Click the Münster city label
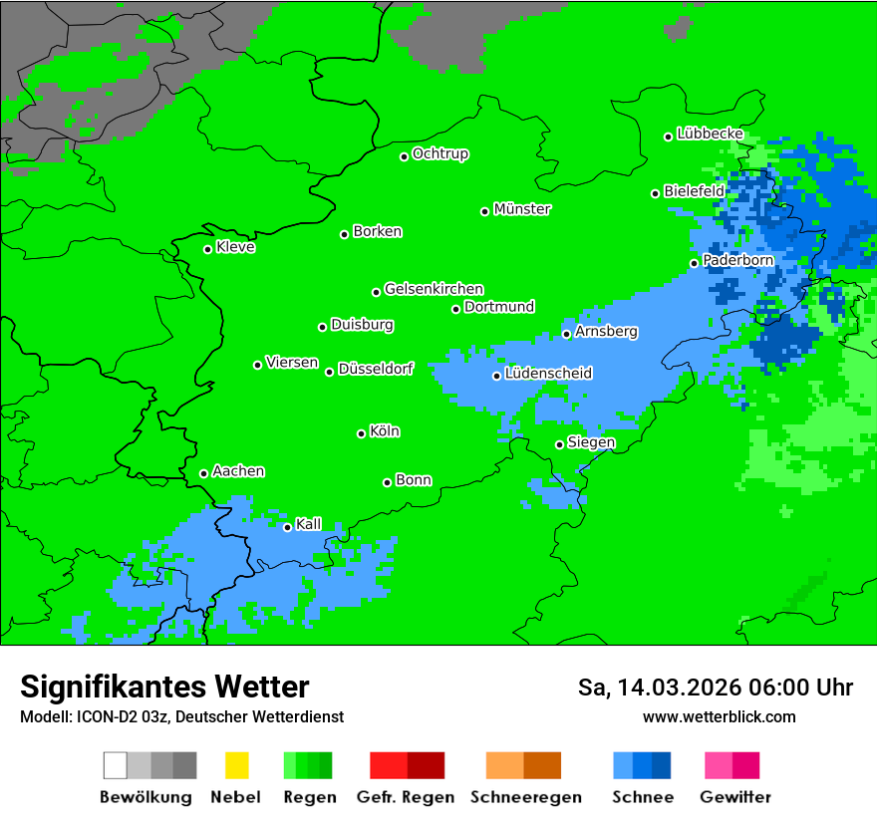[x=522, y=209]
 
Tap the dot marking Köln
[x=361, y=433]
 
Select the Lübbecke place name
[x=710, y=134]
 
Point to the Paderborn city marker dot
[x=695, y=263]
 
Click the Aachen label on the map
[x=238, y=471]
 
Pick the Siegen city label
[x=591, y=442]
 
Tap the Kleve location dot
[x=207, y=249]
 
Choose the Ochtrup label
[x=440, y=154]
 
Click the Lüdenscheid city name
[x=548, y=374]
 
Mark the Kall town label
[x=309, y=524]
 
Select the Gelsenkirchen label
[x=434, y=289]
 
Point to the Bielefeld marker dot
[x=656, y=193]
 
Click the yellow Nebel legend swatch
[x=236, y=765]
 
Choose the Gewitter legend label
[x=734, y=797]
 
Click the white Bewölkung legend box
[x=116, y=765]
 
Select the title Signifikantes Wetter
[x=164, y=687]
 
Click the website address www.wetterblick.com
[x=719, y=716]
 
